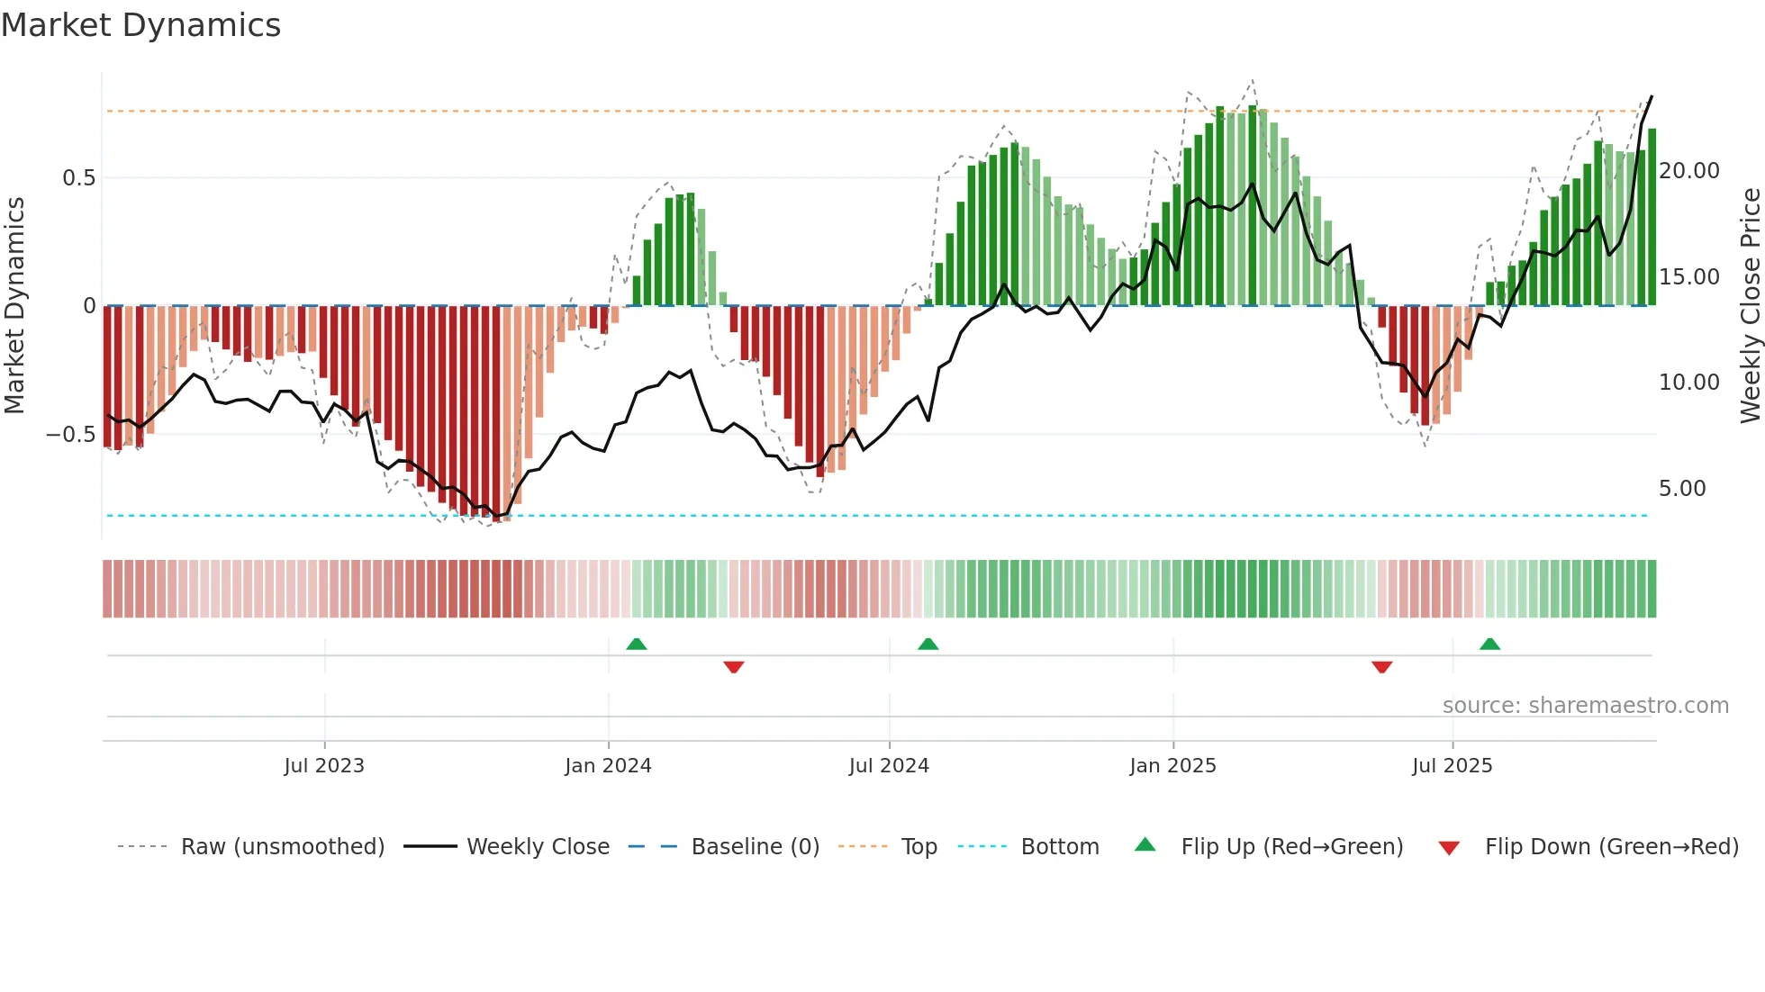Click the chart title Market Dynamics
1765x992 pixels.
[x=140, y=25]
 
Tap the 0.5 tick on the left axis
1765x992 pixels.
[x=78, y=178]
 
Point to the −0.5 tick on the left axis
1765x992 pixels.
[x=71, y=435]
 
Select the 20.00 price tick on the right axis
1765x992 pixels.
[x=1688, y=171]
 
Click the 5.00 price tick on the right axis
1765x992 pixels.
[x=1682, y=489]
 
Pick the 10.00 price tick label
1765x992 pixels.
[x=1688, y=383]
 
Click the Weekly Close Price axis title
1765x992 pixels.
[x=1750, y=306]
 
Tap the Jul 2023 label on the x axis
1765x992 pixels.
[x=324, y=766]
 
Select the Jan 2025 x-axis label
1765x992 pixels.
[x=1172, y=766]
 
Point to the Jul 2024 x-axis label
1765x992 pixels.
[x=889, y=766]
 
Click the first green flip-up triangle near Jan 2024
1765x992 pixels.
[x=637, y=644]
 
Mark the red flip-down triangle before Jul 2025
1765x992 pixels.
[x=1381, y=667]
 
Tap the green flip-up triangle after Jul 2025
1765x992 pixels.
[x=1489, y=644]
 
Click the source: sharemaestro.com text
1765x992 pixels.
[x=1585, y=706]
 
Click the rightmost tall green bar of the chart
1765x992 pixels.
[x=1652, y=216]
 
